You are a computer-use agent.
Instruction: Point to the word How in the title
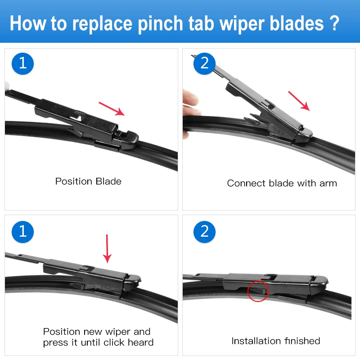point(28,23)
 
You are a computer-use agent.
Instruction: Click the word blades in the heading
point(293,23)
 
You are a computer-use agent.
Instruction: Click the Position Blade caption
point(88,181)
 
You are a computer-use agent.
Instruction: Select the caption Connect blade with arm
point(282,183)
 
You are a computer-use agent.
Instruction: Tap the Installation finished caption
point(275,341)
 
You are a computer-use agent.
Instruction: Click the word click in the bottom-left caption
point(120,342)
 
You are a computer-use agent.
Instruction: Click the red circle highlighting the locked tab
point(257,291)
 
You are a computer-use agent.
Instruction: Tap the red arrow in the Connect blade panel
point(299,100)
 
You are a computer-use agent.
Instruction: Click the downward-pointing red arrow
point(107,248)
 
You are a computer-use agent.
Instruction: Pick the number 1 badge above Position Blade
point(22,63)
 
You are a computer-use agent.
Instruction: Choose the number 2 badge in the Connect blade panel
point(205,63)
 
